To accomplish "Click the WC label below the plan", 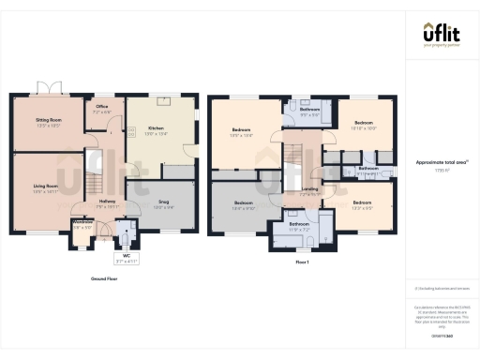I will point(126,254).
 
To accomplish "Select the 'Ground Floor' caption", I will point(104,278).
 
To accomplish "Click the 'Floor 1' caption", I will point(302,263).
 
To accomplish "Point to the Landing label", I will point(309,189).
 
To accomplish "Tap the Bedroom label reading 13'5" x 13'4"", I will point(241,132).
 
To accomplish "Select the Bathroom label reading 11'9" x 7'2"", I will point(299,226).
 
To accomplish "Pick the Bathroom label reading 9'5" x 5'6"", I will point(310,111).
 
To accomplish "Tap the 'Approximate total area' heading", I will point(441,161).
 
